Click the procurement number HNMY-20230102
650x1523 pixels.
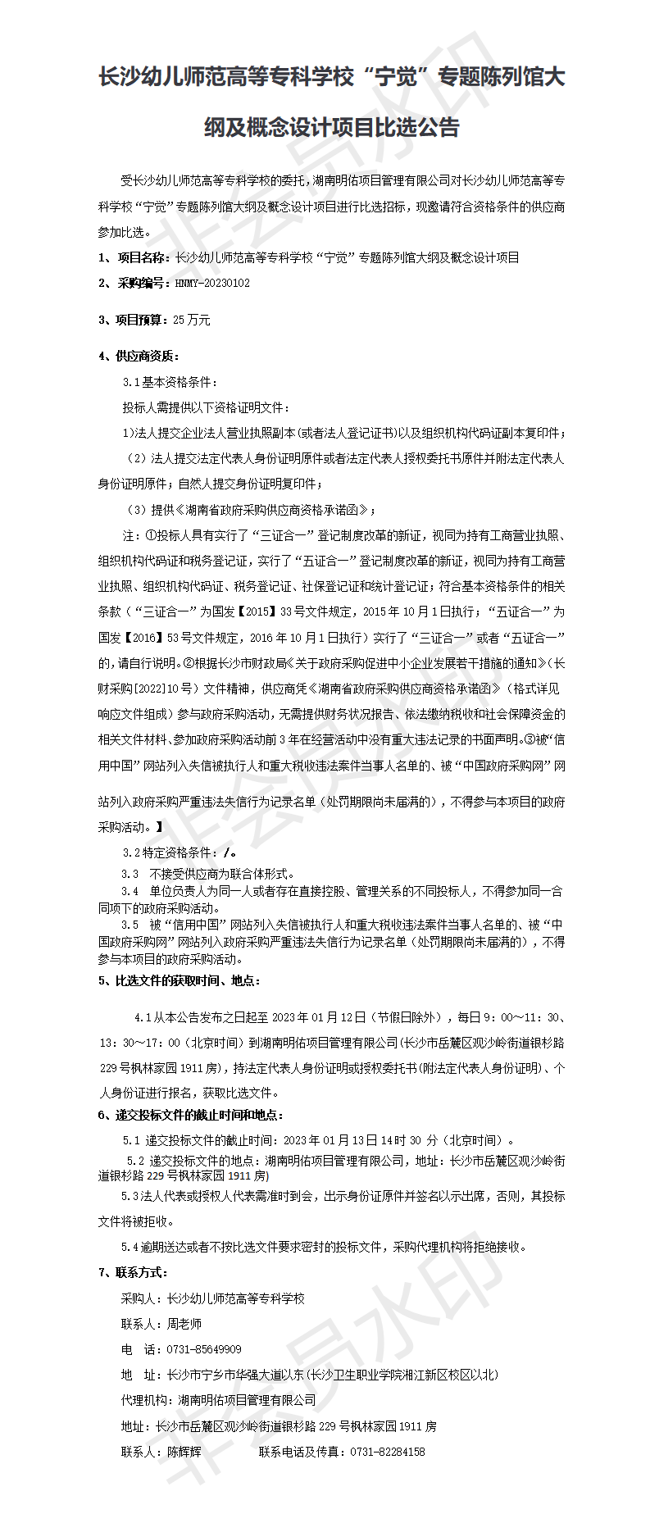(212, 283)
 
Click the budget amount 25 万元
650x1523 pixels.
(192, 320)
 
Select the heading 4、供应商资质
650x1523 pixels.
(139, 356)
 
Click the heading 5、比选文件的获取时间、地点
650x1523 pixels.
(180, 980)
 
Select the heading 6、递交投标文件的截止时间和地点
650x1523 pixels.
(191, 1115)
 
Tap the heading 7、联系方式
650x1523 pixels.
(133, 1272)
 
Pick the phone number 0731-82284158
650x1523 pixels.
(387, 1452)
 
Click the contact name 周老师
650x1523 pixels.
(184, 1324)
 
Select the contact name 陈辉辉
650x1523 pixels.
(184, 1452)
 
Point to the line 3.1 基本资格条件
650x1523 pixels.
(170, 382)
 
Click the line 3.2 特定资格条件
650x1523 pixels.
(179, 852)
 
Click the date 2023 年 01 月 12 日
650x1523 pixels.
(318, 1017)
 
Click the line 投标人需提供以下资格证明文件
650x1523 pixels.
(206, 407)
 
